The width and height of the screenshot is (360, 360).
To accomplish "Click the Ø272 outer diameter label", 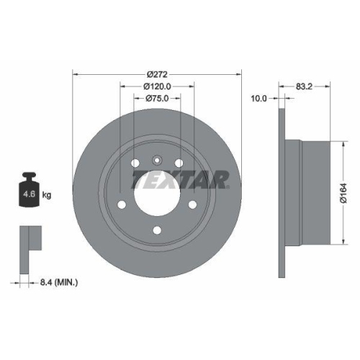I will click(158, 73).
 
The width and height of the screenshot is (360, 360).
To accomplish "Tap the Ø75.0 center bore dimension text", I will click(158, 98).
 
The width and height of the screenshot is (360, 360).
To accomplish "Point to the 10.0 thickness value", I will click(258, 98).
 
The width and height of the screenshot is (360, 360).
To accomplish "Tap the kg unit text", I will click(47, 194).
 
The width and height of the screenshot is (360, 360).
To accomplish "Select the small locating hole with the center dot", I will click(158, 160).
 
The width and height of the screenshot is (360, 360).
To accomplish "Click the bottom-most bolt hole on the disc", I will click(158, 231).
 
